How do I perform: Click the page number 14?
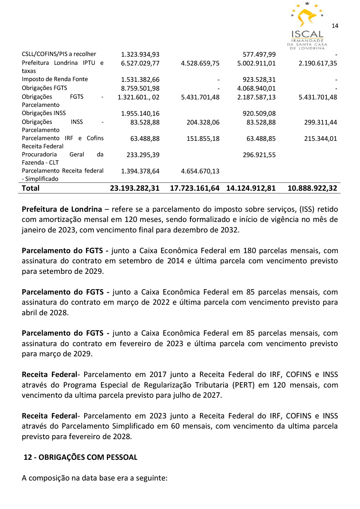pos(335,26)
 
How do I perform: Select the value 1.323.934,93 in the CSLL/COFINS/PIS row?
pos(140,55)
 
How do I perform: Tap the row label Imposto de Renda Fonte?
pos(55,79)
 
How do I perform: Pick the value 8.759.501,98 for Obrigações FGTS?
pos(140,88)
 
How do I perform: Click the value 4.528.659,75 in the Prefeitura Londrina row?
pos(200,63)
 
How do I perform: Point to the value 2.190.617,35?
pos(318,63)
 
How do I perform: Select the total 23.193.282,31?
pos(134,188)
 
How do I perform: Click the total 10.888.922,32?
pos(312,188)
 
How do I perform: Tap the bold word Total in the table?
pos(31,188)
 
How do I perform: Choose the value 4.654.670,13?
pos(200,171)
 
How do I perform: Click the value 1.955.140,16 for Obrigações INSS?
pos(140,114)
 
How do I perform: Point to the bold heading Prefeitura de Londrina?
pos(62,209)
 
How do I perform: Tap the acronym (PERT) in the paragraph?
pos(244,385)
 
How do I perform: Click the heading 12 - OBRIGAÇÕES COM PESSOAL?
pos(80,457)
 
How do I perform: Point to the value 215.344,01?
pos(320,139)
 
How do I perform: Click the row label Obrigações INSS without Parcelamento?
pos(44,113)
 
